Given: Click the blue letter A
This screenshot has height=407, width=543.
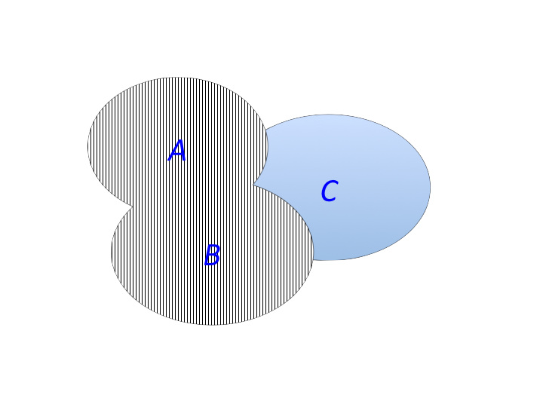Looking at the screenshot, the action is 177,151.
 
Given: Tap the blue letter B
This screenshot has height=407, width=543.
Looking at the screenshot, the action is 212,255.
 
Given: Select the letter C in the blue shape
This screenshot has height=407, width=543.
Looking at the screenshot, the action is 330,191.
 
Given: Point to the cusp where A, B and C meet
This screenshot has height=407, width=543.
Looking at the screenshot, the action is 253,185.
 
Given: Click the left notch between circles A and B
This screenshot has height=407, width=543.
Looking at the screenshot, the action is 132,207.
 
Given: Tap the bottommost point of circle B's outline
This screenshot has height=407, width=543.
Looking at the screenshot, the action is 212,325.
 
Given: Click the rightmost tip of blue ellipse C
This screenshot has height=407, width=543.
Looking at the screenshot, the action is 431,187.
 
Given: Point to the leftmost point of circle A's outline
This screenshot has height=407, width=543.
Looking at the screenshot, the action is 87,145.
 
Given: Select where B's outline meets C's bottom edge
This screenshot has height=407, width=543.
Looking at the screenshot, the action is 313,259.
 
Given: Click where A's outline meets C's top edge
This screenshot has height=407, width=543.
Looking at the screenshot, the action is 265,130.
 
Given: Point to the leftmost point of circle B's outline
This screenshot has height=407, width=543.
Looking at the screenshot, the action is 111,252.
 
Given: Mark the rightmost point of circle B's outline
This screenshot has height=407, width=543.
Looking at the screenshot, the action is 314,250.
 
